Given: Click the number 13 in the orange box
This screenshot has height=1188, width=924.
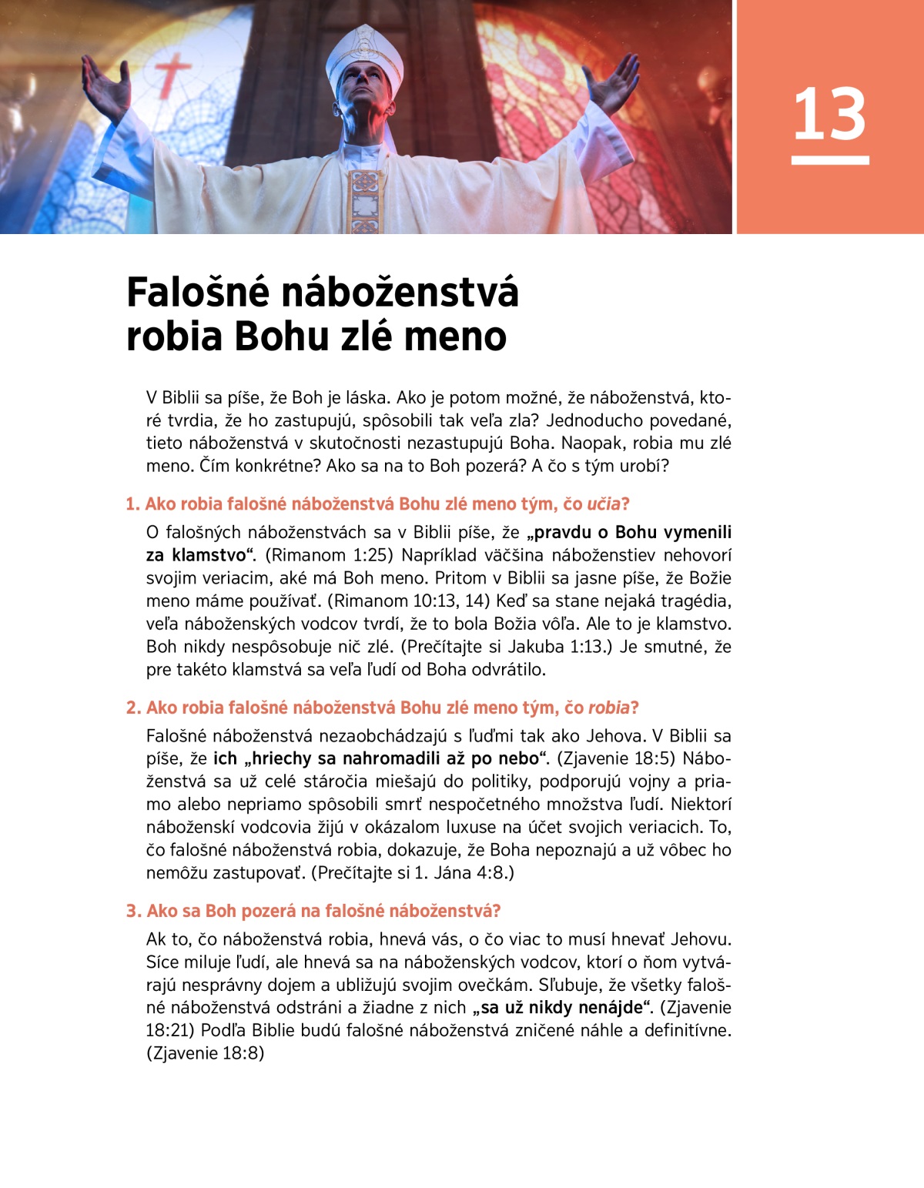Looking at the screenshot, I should click(829, 114).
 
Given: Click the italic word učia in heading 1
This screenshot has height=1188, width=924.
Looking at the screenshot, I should click(603, 504).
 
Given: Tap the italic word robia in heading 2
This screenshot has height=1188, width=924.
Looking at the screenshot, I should click(608, 708).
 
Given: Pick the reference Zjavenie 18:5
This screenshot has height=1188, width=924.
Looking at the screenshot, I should click(616, 759).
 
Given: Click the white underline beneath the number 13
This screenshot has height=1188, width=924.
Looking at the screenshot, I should click(829, 160).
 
